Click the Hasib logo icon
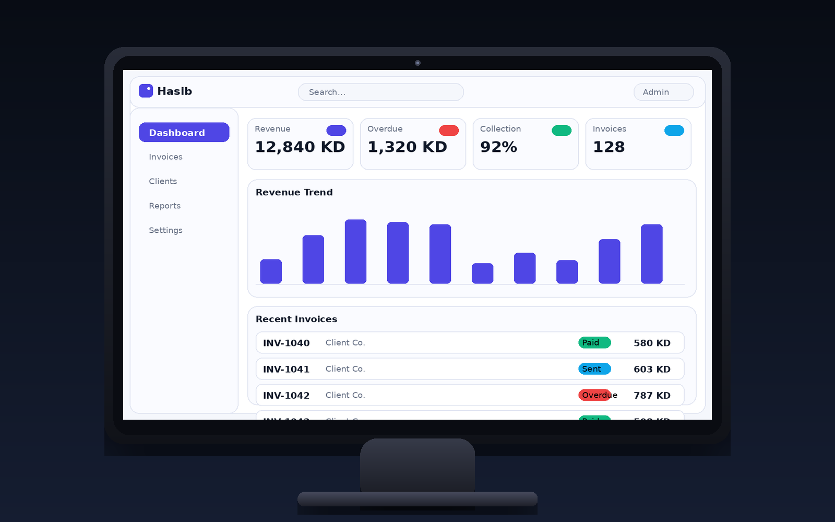pos(146,91)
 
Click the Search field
pos(380,92)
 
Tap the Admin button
pos(663,92)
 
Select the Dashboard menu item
pos(184,133)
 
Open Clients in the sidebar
pos(163,181)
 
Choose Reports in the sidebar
pos(164,206)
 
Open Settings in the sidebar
pos(165,230)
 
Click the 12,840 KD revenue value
pos(300,147)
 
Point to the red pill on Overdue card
pos(449,130)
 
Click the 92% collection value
pos(498,147)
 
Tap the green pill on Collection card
pos(562,130)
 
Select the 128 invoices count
pos(609,147)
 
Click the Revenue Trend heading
pos(294,192)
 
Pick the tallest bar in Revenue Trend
pos(355,252)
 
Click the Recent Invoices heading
pos(296,319)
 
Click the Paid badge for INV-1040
pos(594,342)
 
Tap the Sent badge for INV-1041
pos(594,369)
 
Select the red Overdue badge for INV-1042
pos(594,395)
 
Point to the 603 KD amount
pos(652,369)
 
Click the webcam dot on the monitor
pos(417,63)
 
